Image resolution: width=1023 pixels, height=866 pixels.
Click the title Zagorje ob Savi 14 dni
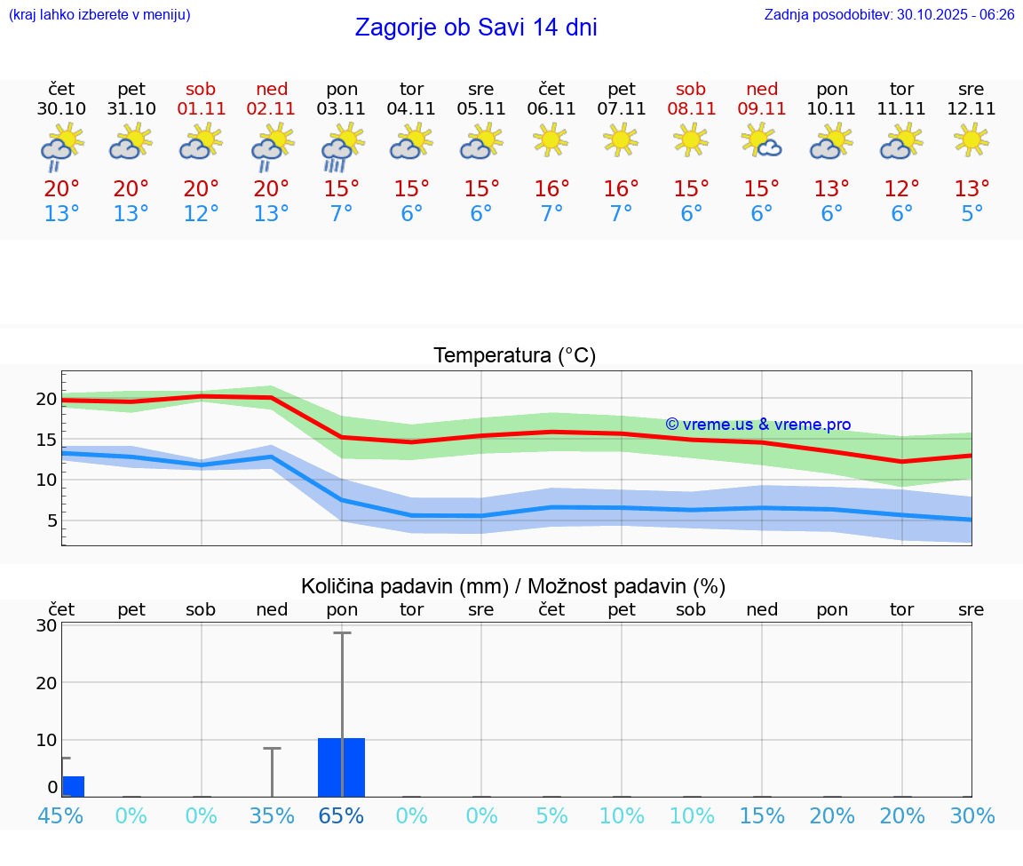[476, 28]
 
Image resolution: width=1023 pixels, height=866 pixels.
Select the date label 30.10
[61, 109]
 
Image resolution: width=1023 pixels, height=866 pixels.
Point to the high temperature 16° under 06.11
[551, 189]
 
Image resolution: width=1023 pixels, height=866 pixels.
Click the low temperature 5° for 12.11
[971, 214]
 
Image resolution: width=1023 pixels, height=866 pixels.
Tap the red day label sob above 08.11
[691, 89]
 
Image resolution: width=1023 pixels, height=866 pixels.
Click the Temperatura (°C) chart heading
[514, 356]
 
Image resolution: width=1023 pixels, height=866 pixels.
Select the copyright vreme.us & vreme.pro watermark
[758, 425]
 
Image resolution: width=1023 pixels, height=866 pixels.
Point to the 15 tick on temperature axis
[46, 440]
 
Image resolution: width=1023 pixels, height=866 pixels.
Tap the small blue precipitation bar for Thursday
[73, 786]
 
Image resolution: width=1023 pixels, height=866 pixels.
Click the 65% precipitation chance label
[342, 815]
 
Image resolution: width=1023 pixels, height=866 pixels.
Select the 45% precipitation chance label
[61, 815]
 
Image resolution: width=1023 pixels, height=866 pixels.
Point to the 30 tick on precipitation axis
[46, 625]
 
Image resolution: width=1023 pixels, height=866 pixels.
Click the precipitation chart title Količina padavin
[513, 586]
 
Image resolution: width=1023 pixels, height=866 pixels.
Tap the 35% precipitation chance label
[272, 815]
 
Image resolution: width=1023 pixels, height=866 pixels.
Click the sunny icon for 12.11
[971, 139]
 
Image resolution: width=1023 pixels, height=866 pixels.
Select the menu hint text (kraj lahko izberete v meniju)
[99, 15]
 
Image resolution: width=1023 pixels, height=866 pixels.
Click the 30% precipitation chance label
[971, 815]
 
